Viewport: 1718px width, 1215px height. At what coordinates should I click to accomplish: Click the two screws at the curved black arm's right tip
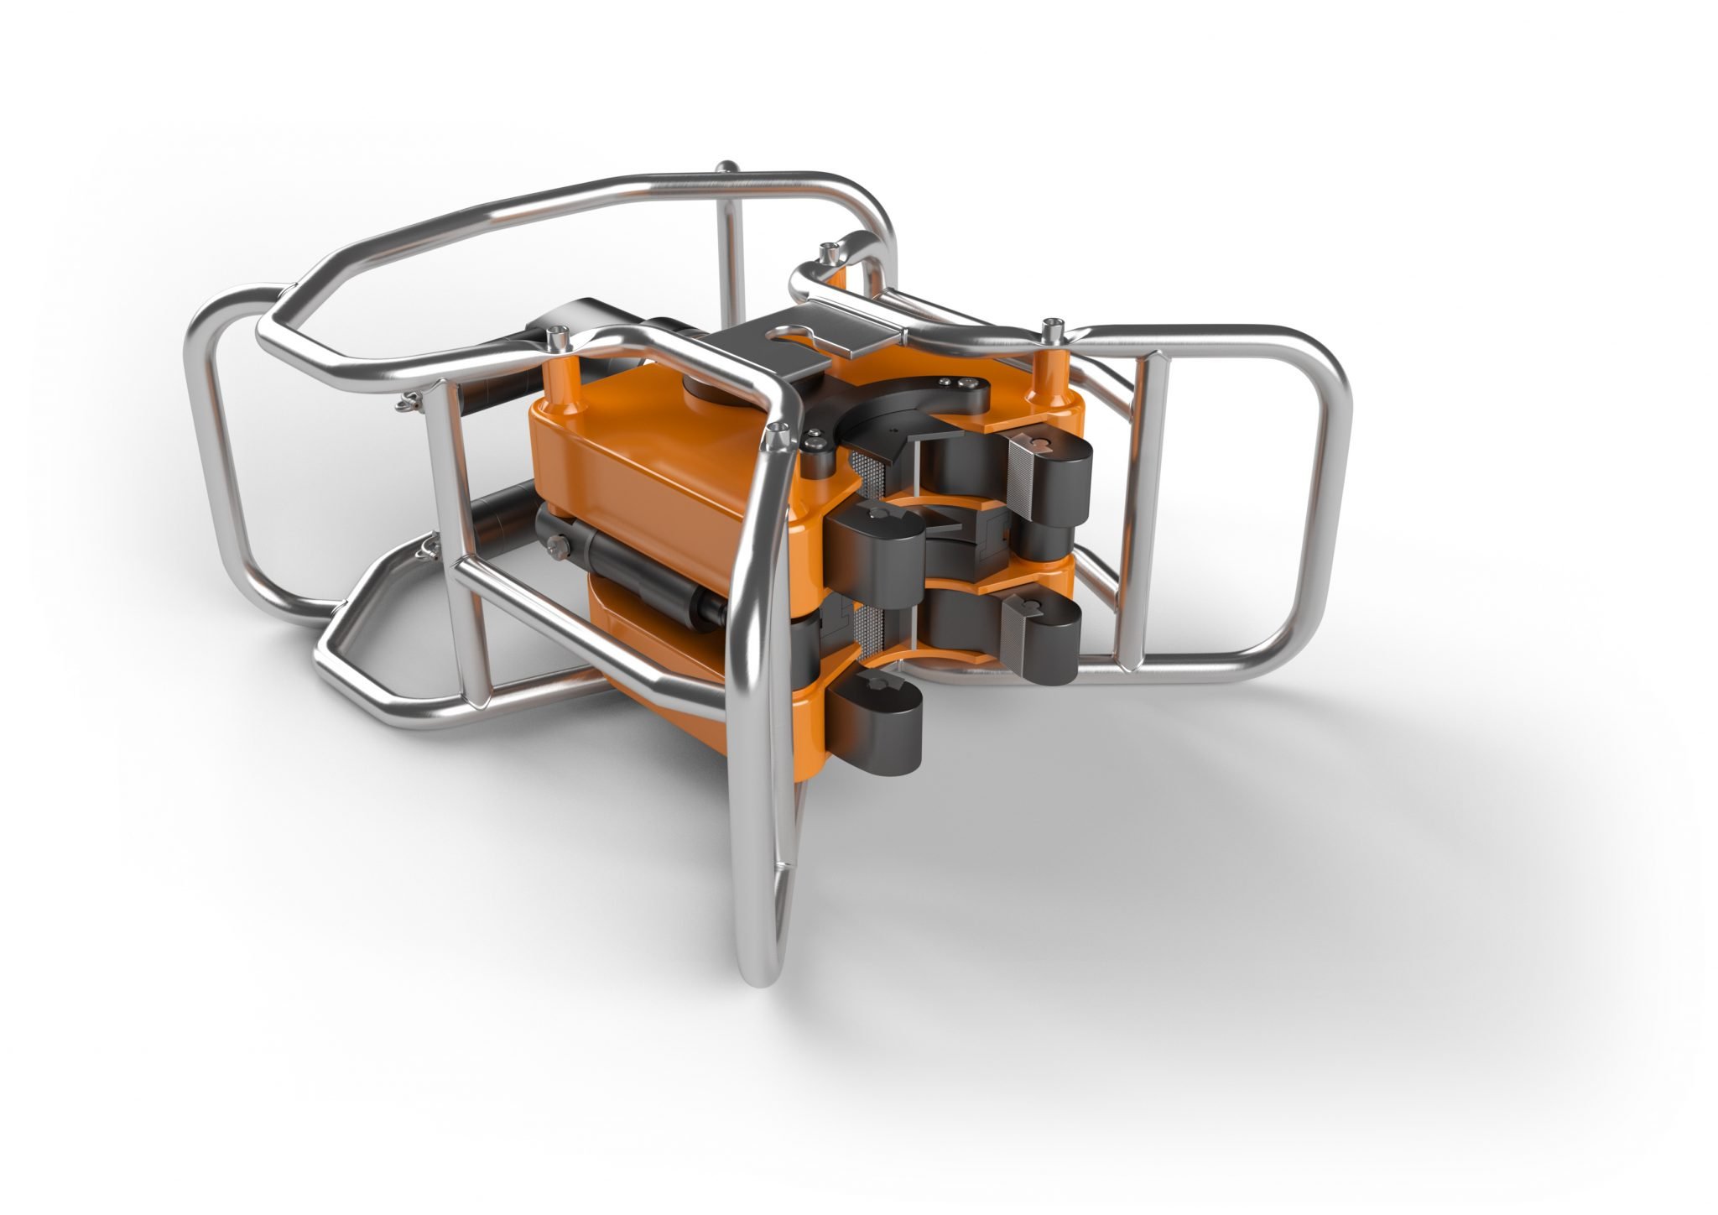(956, 383)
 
